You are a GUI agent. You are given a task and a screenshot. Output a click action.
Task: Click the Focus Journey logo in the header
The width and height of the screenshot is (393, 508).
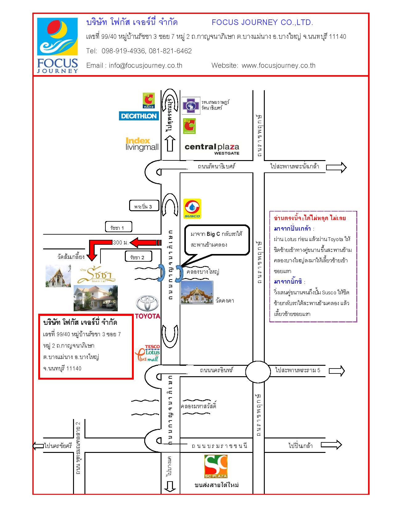tap(57, 45)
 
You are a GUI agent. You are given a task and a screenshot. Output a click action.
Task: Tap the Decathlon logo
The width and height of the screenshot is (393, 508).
tap(139, 116)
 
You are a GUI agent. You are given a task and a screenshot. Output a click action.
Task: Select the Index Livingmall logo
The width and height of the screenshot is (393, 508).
tap(142, 144)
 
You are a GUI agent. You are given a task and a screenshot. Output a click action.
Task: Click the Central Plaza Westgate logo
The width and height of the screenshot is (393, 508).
tap(212, 149)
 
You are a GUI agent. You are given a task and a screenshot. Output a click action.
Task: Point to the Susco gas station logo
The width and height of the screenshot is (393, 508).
tap(192, 208)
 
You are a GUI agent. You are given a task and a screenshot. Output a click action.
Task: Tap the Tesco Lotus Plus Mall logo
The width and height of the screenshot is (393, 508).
tap(148, 353)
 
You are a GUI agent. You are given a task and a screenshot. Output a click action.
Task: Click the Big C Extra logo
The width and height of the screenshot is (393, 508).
tap(149, 101)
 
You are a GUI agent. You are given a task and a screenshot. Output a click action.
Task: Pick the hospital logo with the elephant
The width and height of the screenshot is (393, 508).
tap(191, 105)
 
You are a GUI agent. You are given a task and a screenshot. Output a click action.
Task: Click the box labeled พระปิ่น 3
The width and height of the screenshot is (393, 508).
tap(144, 205)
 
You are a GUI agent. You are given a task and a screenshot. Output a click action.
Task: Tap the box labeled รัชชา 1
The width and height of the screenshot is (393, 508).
tap(118, 227)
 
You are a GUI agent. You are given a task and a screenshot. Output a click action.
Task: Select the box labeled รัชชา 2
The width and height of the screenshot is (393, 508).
tap(138, 256)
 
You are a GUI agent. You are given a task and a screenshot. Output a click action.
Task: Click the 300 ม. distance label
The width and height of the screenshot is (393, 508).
tap(121, 243)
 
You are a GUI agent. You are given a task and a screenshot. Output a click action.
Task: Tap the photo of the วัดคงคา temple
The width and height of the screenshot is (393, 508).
tap(197, 292)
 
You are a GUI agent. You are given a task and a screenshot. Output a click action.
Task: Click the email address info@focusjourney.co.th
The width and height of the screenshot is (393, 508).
tap(145, 66)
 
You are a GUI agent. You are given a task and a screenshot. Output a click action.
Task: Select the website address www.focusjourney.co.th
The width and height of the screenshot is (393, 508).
tap(279, 66)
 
